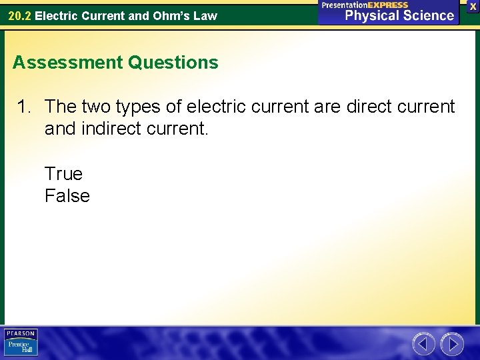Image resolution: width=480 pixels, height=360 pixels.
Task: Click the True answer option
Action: pos(63,174)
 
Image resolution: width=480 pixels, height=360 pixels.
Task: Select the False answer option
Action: pos(67,196)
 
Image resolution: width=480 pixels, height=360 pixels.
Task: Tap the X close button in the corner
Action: pos(473,6)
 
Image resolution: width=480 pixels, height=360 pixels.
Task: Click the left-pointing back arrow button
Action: pos(423,344)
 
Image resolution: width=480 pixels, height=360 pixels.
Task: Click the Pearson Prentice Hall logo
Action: pos(21,343)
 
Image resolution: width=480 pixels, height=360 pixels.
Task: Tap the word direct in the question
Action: pos(368,107)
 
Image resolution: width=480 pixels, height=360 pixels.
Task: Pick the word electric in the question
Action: pos(221,107)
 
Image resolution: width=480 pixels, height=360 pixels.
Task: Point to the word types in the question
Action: pos(154,107)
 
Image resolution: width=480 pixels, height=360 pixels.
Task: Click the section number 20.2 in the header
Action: pos(19,15)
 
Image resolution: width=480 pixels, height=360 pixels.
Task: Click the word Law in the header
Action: pos(206,15)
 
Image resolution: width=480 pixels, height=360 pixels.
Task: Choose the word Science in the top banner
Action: pos(427,16)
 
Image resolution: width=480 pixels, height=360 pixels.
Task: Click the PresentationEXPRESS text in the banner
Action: pos(365,5)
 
